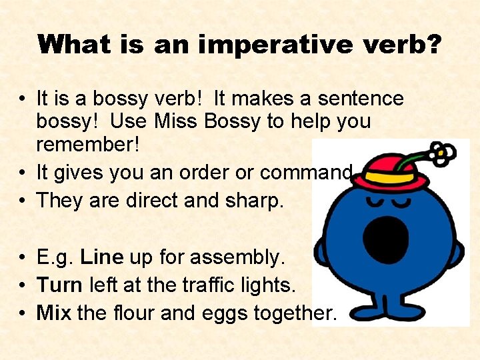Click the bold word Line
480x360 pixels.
point(101,257)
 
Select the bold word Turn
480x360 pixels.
point(59,285)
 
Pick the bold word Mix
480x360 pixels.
point(54,312)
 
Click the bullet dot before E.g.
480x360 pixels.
point(23,257)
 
